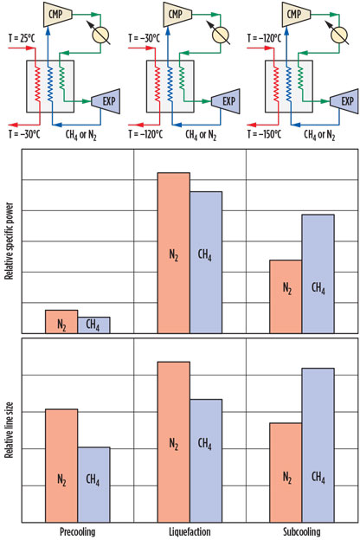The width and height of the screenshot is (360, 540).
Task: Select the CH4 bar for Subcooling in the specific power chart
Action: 318,273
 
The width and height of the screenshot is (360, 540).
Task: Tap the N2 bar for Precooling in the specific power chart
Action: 61,321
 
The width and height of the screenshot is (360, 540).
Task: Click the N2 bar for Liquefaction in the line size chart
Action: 173,442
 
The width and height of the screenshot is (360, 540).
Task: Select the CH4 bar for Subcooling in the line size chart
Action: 318,446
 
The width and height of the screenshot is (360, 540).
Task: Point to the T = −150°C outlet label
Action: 262,132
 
